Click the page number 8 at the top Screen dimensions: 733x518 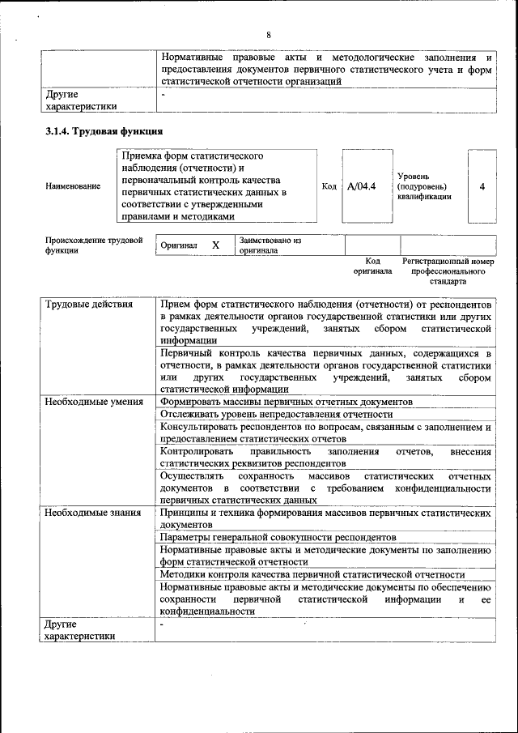269,34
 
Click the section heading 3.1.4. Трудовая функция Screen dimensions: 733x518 104,131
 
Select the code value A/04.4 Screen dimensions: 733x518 361,186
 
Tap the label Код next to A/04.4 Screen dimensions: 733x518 329,186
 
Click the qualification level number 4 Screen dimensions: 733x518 482,186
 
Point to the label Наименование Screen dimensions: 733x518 74,186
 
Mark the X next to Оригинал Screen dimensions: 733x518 215,245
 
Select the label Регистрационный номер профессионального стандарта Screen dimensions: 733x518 448,273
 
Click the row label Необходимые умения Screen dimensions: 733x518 94,402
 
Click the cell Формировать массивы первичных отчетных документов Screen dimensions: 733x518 287,402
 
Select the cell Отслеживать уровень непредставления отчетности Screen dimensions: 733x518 276,414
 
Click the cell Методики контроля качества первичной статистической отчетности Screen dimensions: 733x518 312,574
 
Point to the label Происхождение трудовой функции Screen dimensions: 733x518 94,245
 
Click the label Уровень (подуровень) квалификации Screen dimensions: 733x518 424,186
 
